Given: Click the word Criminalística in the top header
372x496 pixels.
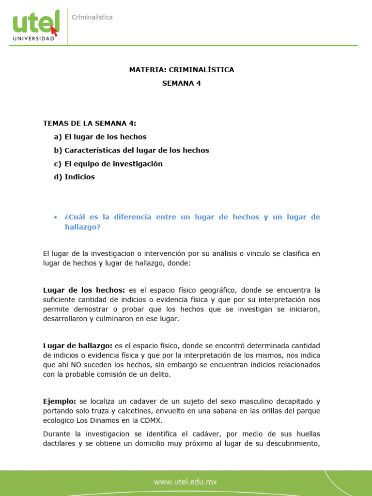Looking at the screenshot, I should (x=92, y=17).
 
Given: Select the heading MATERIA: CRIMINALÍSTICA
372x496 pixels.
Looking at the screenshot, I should (x=182, y=70).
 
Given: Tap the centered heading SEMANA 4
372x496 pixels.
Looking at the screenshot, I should (x=181, y=83).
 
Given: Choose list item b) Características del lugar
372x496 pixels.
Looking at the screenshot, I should (x=131, y=150).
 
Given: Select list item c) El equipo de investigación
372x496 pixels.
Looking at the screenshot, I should (x=108, y=164).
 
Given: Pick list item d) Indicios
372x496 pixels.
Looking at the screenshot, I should (x=74, y=177).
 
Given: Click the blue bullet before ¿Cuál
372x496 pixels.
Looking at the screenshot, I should (x=56, y=217).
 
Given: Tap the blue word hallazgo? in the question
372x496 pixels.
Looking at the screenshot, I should (x=82, y=227).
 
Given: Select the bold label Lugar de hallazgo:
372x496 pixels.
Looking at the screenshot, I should (x=77, y=345).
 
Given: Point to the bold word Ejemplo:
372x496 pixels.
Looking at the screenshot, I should (x=60, y=402).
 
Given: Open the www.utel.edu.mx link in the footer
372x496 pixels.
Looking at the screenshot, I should (x=186, y=481).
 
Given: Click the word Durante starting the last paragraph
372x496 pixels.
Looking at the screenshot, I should (x=57, y=434).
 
